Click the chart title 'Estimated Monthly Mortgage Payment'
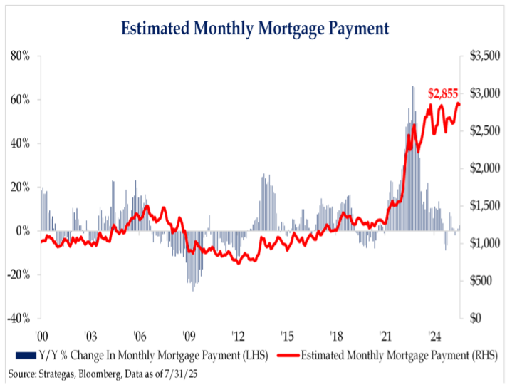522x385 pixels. pyautogui.click(x=255, y=29)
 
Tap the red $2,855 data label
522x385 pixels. pyautogui.click(x=442, y=93)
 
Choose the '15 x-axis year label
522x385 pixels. pyautogui.click(x=286, y=334)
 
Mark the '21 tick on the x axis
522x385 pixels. pyautogui.click(x=385, y=334)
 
